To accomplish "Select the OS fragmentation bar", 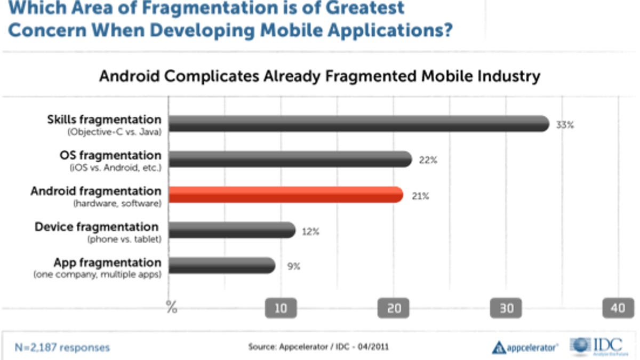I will click(x=291, y=159).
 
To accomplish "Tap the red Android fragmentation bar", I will click(x=286, y=195).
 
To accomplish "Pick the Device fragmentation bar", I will click(x=232, y=230).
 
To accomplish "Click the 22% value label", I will click(x=428, y=160).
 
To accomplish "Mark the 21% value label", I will click(x=419, y=196).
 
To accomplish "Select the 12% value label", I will click(x=310, y=231).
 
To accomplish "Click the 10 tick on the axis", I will click(x=281, y=308).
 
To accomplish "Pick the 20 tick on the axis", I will click(x=394, y=308).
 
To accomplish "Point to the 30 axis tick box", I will click(x=506, y=308).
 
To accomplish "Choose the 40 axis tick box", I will click(x=618, y=308).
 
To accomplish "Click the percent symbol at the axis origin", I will click(x=171, y=308).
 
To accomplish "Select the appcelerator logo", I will click(x=525, y=347).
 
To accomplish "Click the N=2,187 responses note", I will click(x=62, y=348).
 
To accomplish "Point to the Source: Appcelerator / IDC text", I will click(x=318, y=347).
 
